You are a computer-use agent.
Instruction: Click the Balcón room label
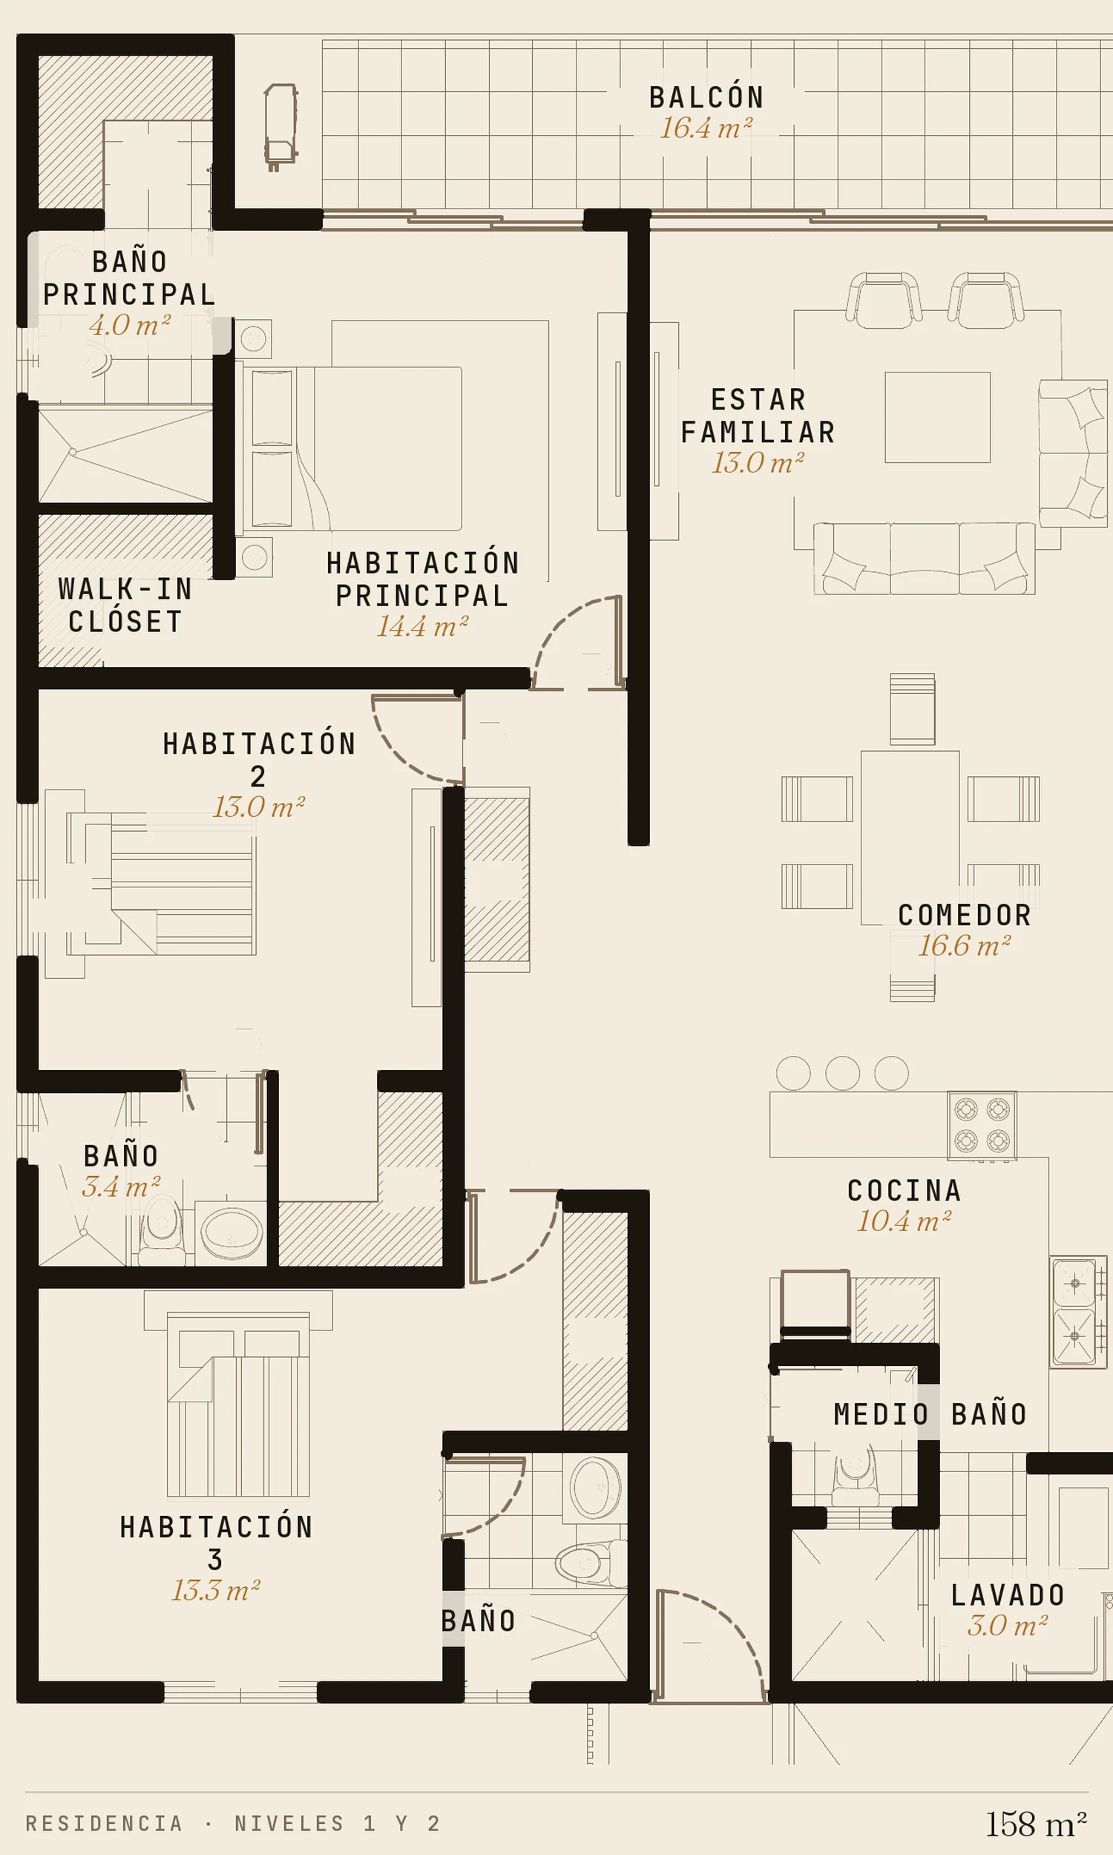tap(706, 96)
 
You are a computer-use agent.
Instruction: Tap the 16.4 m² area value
tap(706, 128)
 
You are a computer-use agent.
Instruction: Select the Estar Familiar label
tap(758, 416)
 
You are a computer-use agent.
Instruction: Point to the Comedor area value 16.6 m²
tap(965, 945)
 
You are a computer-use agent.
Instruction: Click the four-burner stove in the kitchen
tap(982, 1125)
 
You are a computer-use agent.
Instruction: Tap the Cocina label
tap(904, 1191)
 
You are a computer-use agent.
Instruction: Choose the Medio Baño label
tap(930, 1414)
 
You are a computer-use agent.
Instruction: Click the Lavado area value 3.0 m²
tap(1007, 1626)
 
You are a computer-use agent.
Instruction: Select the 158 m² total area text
tap(1036, 1825)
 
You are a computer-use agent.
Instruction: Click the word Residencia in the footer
tap(104, 1824)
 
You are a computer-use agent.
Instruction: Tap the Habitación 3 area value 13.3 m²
tap(216, 1590)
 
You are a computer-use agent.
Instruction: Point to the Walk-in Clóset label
tap(125, 605)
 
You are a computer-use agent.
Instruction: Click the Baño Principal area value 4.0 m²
tap(130, 325)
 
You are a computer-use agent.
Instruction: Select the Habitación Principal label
tap(423, 579)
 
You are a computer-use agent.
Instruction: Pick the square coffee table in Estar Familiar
tap(937, 417)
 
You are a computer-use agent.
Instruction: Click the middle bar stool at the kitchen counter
tap(842, 1073)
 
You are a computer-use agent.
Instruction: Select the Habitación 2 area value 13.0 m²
tap(259, 807)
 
